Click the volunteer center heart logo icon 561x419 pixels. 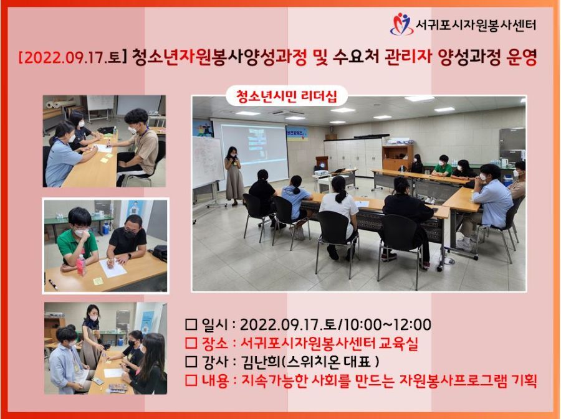click(x=401, y=24)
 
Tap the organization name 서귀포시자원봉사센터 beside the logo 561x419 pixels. click(x=476, y=25)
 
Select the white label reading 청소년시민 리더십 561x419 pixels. click(x=287, y=96)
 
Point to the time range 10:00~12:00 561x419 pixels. click(x=388, y=325)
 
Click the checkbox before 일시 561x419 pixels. click(x=191, y=325)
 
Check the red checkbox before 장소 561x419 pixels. click(x=191, y=343)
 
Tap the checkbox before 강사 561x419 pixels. click(x=191, y=362)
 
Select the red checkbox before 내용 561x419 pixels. click(x=191, y=380)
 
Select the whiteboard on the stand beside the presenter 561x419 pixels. click(x=207, y=162)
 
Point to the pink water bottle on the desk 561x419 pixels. click(x=81, y=265)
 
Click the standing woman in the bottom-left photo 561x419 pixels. click(x=92, y=336)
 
